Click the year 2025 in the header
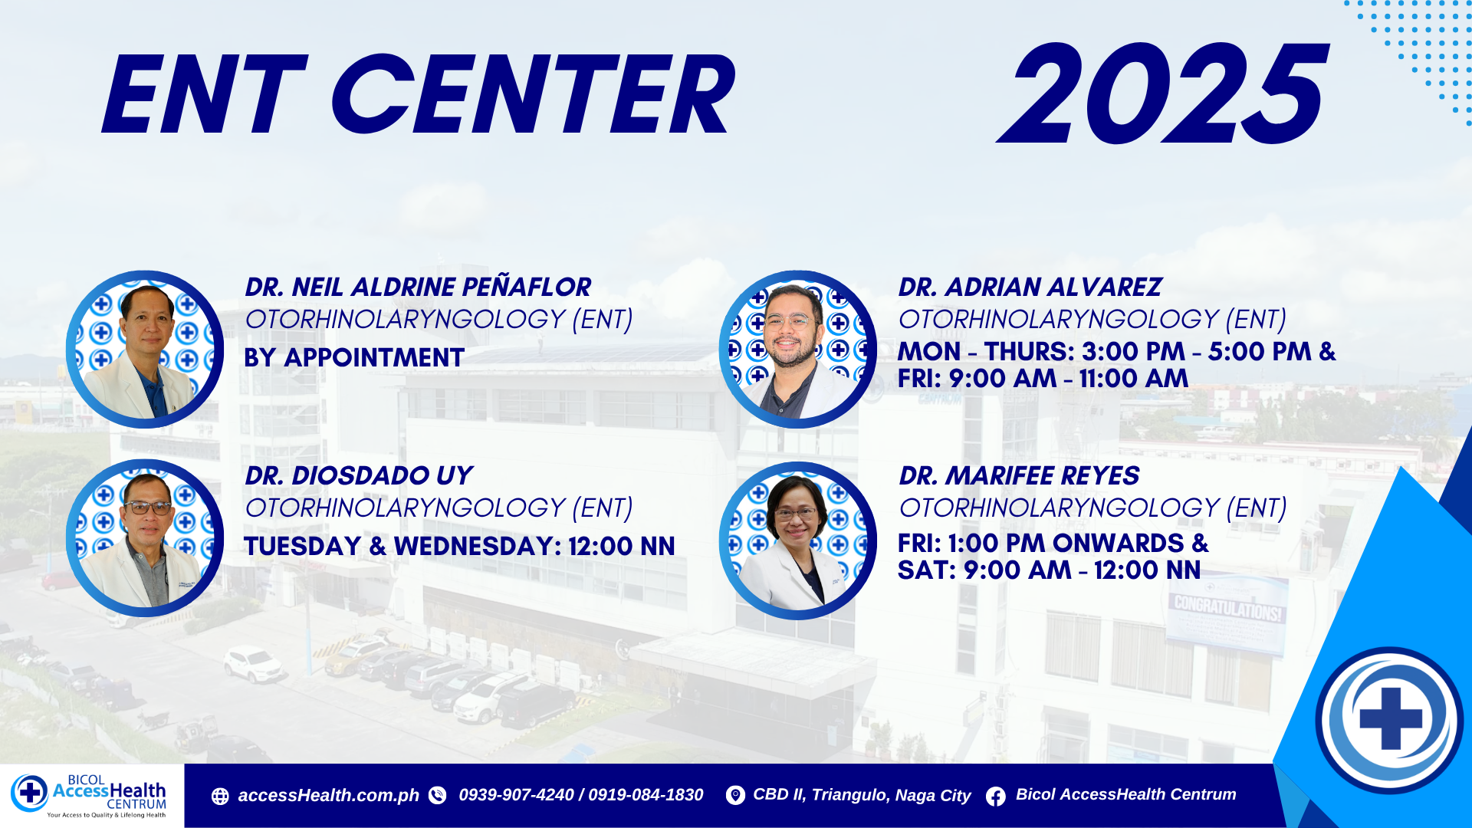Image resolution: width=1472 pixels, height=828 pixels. tap(1162, 94)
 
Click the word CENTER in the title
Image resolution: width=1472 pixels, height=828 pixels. tap(533, 95)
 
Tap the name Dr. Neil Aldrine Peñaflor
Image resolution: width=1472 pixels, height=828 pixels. tap(418, 287)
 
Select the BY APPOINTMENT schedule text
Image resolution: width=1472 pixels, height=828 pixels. tap(354, 357)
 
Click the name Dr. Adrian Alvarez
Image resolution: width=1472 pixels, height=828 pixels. tap(1030, 287)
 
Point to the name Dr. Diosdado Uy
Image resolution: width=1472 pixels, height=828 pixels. tap(359, 475)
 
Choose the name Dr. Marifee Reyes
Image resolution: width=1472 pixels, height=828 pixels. tap(1020, 475)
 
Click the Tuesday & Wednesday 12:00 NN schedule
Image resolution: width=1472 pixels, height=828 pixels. tap(459, 546)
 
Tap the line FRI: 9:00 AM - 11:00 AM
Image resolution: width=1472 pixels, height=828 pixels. tap(1043, 378)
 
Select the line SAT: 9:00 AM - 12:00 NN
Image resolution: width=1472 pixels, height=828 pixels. tap(1050, 570)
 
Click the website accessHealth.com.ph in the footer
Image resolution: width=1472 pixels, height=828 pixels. tap(328, 796)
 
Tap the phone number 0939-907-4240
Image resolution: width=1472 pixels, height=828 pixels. tap(516, 795)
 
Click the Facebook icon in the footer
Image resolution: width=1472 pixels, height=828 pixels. tap(996, 797)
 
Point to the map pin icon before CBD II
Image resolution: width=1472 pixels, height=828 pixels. tap(735, 796)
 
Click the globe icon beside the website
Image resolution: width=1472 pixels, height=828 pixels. tap(220, 797)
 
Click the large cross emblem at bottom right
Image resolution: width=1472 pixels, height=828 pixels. tap(1390, 719)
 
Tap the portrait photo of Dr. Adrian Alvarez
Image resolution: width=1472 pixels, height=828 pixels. tap(798, 350)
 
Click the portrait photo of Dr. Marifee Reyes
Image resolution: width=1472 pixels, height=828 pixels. tap(798, 540)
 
